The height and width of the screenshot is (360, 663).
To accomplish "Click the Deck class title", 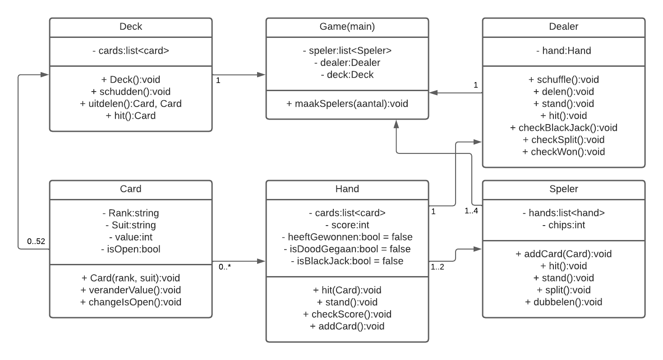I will coord(130,27).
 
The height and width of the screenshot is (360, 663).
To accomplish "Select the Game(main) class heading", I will coord(347,27).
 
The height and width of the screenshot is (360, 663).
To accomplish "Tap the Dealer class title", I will coord(563,27).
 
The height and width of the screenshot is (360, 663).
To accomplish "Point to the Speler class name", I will coord(563,189).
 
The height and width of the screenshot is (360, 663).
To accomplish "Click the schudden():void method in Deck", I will coord(130,92).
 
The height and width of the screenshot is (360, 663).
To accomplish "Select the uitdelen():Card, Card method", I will coord(130,104).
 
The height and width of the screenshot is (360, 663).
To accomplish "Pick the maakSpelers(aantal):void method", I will coord(347,104).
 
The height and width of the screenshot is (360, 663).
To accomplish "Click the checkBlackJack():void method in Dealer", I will coord(563,128).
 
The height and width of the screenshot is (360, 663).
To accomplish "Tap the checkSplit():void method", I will coord(563,140).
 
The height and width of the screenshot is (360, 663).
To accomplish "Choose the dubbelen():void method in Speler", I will coord(563,302).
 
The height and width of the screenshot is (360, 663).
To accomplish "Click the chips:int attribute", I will coord(563,225).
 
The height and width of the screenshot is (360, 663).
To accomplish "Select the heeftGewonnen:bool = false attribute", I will coord(347,237).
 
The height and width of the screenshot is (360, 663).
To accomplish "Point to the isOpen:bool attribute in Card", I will coord(130,249).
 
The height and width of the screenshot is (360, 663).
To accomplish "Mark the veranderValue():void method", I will coord(130,290).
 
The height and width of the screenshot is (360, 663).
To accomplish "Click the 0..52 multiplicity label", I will coord(36,241).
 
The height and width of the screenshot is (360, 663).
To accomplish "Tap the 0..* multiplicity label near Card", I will coord(225,267).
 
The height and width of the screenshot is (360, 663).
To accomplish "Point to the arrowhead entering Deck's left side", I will coord(45,74).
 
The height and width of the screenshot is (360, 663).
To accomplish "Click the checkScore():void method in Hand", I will coord(347,314).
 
